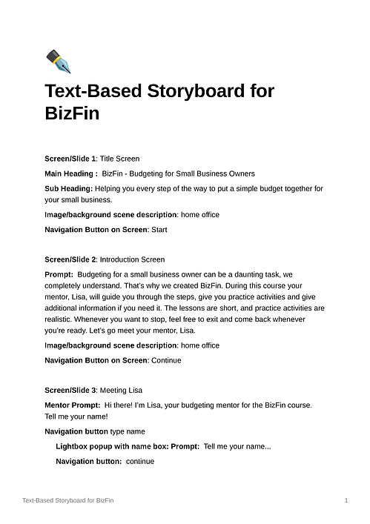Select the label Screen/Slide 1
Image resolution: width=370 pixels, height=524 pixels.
coord(70,159)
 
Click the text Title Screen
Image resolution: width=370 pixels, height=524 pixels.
coord(119,159)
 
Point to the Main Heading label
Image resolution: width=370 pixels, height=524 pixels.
coord(70,173)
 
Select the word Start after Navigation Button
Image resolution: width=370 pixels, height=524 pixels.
coord(159,230)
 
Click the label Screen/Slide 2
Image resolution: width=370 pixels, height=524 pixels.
coord(70,259)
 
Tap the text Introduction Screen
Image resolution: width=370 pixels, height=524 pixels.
coord(132,259)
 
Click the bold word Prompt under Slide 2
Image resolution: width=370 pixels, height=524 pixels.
coord(59,274)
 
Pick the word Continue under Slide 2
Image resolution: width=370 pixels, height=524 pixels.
coord(166,360)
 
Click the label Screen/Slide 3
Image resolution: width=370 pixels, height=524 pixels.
coord(70,390)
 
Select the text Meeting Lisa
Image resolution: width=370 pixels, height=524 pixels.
coord(121,390)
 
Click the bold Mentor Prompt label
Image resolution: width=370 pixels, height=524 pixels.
coord(72,405)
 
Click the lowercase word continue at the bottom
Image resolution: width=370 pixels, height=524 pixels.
coord(140,461)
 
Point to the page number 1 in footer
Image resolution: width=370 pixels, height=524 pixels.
coord(346,502)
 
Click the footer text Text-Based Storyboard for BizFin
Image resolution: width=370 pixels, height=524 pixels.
coord(68,502)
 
